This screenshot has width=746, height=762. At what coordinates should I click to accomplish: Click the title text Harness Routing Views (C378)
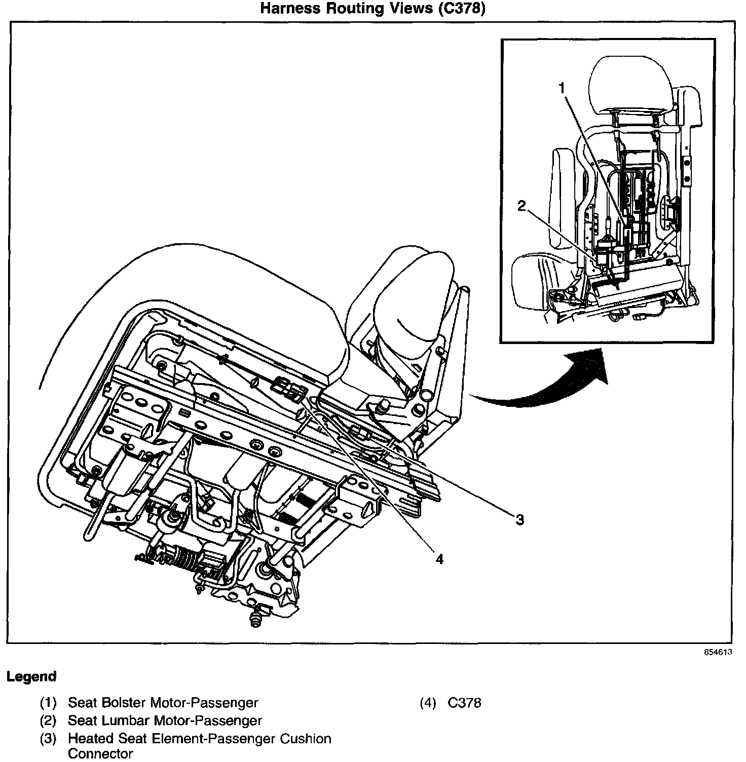(372, 9)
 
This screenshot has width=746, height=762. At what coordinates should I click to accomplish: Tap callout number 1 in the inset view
(562, 88)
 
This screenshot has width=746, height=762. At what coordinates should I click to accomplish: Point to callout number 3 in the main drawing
(519, 519)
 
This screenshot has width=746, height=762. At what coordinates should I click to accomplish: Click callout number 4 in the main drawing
(439, 559)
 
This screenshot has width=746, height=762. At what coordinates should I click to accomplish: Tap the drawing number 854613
(718, 653)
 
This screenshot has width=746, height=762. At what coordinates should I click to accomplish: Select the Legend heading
(31, 676)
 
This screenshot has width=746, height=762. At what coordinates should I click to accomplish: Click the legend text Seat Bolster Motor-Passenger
(163, 703)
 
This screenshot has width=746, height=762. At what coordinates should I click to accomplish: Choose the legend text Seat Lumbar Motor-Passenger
(165, 720)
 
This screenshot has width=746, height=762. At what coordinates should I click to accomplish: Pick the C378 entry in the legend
(464, 703)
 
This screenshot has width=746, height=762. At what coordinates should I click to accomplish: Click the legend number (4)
(428, 703)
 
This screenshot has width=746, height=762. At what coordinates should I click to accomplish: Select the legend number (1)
(48, 703)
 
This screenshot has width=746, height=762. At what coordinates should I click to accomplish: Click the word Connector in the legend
(100, 754)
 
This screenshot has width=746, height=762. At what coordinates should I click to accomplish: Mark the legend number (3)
(48, 739)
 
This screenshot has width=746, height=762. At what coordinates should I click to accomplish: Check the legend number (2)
(48, 720)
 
